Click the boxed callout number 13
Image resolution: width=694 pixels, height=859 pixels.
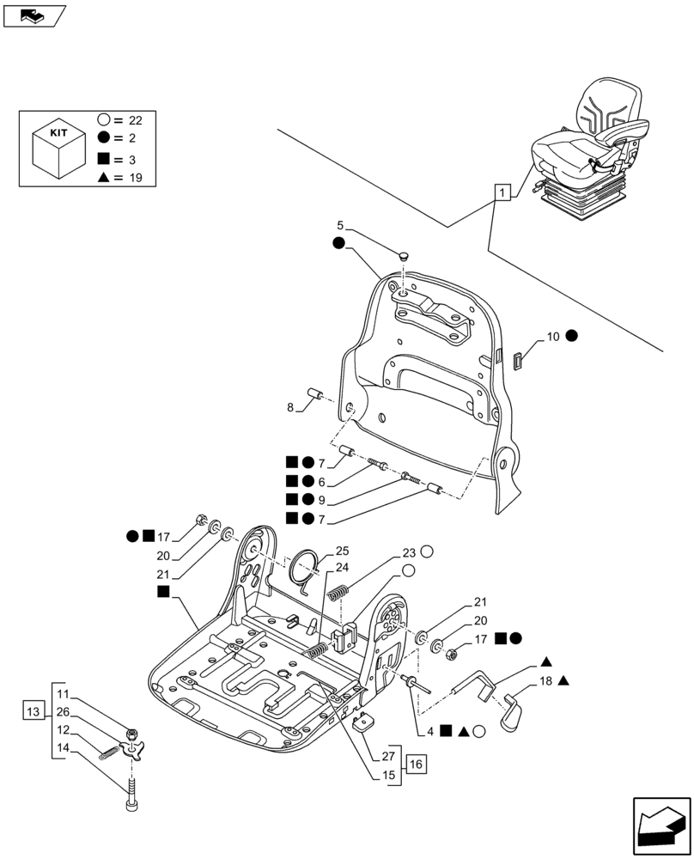[33, 712]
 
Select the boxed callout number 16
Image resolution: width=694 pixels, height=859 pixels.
[416, 764]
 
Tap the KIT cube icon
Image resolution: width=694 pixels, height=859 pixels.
[58, 149]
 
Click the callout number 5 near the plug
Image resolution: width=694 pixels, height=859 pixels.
[340, 225]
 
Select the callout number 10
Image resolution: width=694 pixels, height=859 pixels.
[552, 336]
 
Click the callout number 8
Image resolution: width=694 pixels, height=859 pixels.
[290, 405]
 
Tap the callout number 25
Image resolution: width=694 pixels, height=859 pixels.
[342, 550]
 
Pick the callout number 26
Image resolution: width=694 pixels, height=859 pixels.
[63, 711]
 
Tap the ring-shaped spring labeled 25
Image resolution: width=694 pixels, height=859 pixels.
[305, 567]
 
